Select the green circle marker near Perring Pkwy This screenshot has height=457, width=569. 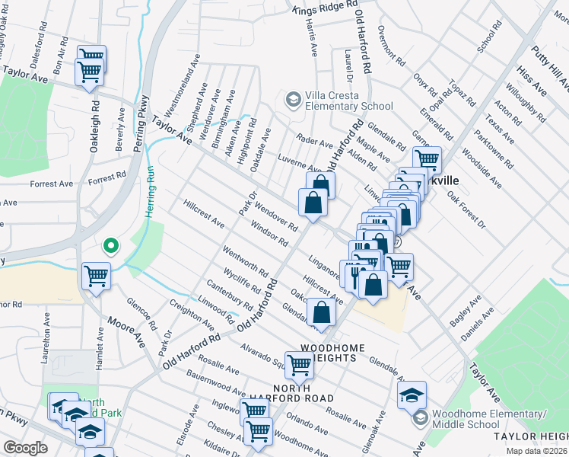click(110, 246)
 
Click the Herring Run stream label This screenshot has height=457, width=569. click(150, 194)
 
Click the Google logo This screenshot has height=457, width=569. click(25, 447)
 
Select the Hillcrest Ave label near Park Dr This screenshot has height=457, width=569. click(204, 214)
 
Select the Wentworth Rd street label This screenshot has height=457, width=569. click(246, 260)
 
